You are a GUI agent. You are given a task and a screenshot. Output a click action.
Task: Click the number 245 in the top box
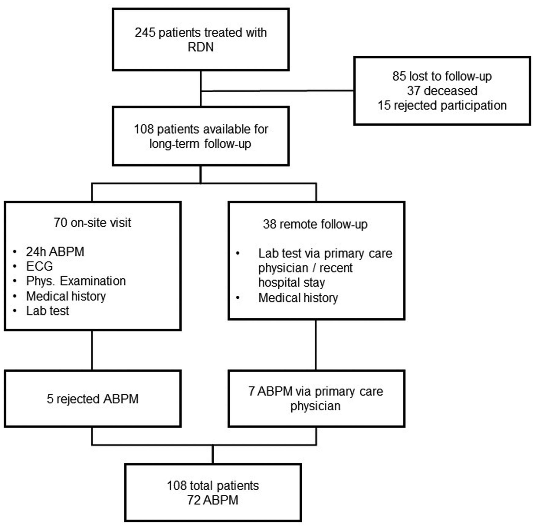(145, 32)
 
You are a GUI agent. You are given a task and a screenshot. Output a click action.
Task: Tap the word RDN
(201, 47)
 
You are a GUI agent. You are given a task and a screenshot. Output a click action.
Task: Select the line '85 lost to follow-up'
(442, 76)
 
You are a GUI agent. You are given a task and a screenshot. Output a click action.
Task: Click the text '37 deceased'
(442, 91)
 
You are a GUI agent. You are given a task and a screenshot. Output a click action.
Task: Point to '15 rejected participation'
(442, 105)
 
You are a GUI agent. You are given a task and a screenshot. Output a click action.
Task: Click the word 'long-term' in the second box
(174, 144)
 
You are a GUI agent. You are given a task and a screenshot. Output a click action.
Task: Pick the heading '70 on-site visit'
(92, 223)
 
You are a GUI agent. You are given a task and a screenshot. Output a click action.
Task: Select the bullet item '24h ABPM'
(55, 252)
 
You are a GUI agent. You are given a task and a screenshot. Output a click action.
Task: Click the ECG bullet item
(39, 266)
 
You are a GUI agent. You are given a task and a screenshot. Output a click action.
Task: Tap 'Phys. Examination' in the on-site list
(76, 281)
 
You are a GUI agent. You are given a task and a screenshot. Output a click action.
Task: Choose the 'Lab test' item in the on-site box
(47, 311)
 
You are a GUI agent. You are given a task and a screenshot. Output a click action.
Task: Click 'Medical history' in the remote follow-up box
(298, 298)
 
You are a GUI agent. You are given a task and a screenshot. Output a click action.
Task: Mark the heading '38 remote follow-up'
(315, 224)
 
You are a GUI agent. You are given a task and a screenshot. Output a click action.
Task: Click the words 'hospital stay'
(291, 283)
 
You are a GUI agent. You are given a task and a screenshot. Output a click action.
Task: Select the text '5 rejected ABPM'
(92, 399)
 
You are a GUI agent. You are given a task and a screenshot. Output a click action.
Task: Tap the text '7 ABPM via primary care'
(315, 391)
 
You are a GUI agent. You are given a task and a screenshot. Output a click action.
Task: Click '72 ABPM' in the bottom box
(213, 500)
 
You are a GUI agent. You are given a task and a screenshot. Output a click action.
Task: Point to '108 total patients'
(213, 486)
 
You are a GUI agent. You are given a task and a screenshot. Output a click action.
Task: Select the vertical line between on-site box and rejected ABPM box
(92, 350)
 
